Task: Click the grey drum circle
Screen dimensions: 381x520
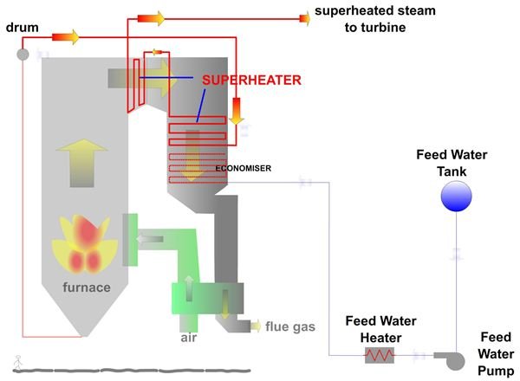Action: pos(23,55)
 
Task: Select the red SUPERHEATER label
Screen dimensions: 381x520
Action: pos(251,80)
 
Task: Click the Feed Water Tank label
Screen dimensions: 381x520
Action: pos(452,163)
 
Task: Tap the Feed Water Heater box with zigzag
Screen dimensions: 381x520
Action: pos(379,354)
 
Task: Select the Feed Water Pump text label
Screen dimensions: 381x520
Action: pos(497,353)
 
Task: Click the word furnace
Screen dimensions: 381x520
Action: pos(85,287)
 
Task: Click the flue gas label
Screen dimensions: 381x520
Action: pos(290,326)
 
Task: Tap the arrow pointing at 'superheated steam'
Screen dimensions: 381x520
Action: pos(303,16)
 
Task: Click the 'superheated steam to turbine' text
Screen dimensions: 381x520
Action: pos(374,19)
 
